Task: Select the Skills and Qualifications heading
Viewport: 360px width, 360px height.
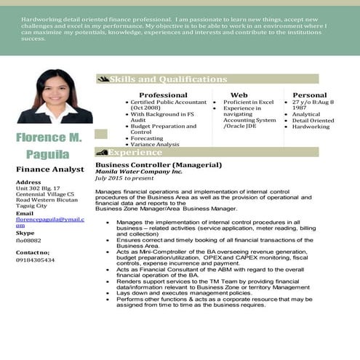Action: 168,79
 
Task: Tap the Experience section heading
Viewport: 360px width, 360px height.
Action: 135,152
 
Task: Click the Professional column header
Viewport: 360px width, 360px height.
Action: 163,95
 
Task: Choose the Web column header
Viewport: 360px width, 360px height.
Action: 239,95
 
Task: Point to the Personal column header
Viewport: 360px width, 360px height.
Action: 310,95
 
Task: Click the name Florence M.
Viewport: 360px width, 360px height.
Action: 49,137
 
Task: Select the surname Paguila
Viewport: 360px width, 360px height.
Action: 48,153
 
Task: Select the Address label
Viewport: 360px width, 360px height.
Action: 28,182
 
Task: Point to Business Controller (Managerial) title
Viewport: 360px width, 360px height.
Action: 148,165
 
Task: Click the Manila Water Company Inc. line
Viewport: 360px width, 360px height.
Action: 139,172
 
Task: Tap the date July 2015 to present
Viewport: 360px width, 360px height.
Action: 124,178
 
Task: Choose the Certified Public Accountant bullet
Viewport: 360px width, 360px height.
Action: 168,103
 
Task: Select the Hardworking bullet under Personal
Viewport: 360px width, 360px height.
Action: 311,127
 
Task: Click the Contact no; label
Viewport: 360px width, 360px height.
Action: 33,252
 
